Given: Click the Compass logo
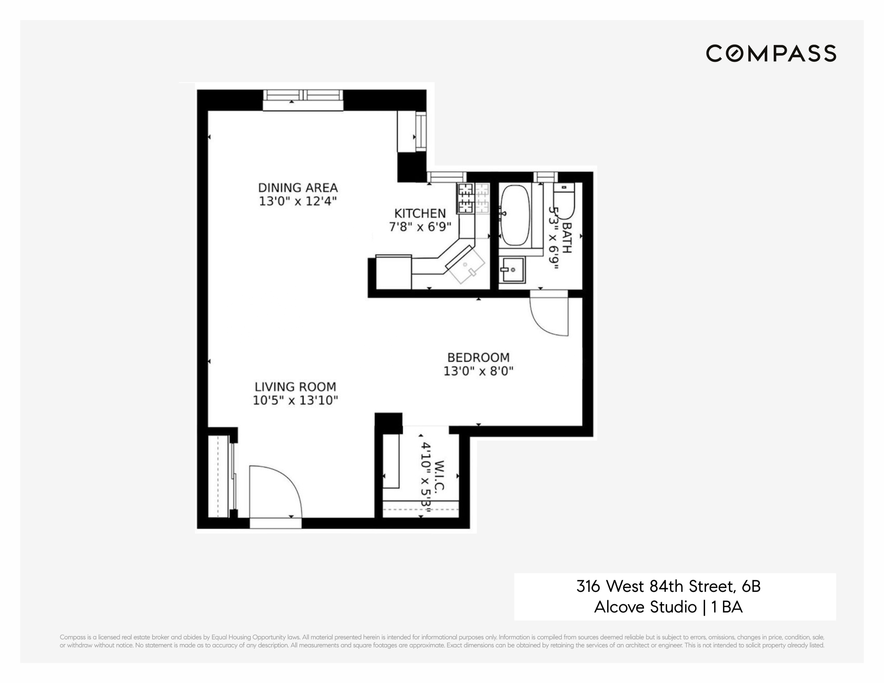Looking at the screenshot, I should click(771, 53).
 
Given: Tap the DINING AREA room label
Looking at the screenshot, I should click(298, 188).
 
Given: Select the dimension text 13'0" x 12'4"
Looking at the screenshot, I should click(298, 201).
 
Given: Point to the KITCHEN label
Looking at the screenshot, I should click(420, 213).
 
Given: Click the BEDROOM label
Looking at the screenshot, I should click(478, 358).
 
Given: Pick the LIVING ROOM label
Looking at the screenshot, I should click(295, 387).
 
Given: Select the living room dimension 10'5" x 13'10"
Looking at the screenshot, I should click(295, 400).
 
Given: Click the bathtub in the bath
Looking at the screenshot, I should click(515, 215).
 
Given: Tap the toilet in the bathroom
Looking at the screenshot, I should click(564, 200).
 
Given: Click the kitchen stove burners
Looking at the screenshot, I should click(465, 198).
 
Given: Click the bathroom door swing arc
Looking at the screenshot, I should click(549, 318).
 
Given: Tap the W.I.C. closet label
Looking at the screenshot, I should click(439, 475).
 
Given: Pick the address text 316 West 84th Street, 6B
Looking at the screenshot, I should click(668, 586).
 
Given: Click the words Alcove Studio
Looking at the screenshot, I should click(645, 607).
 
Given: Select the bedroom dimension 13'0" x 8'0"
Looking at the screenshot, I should click(478, 371).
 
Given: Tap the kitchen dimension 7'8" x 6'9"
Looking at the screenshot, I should click(420, 227).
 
